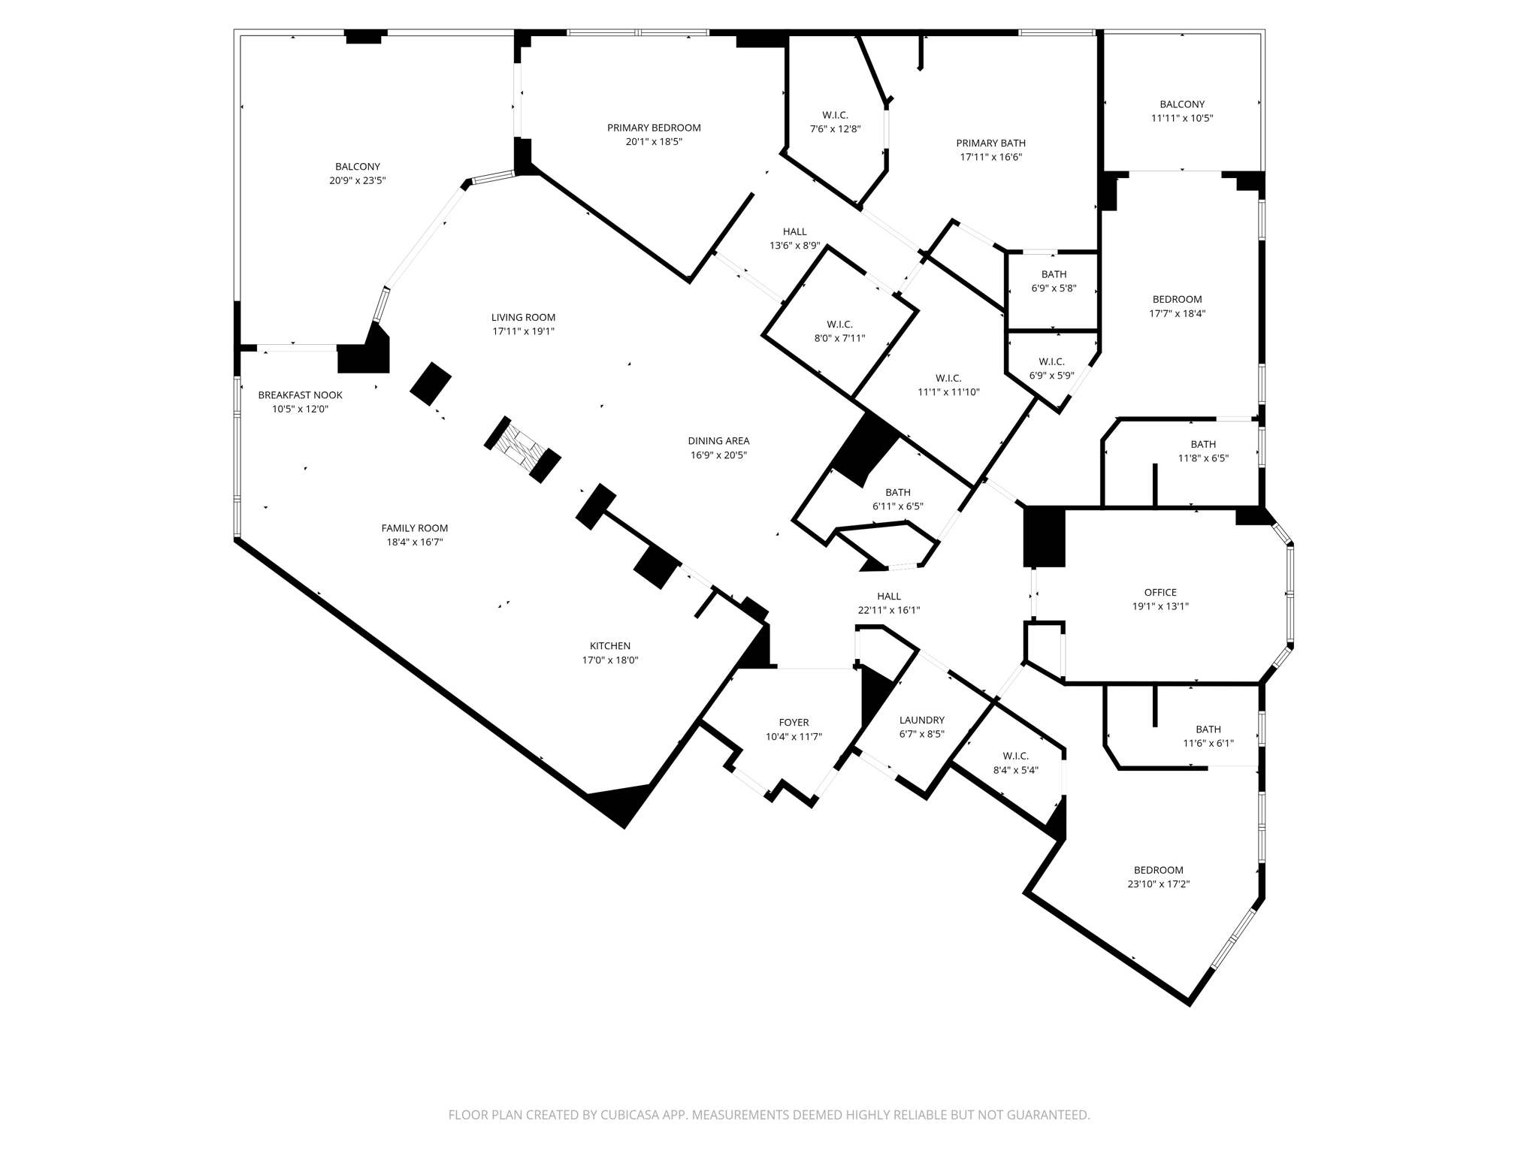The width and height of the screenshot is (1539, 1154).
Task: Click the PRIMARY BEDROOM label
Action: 654,128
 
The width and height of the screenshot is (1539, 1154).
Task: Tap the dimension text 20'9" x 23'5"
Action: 357,180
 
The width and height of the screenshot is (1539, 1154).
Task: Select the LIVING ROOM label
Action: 523,317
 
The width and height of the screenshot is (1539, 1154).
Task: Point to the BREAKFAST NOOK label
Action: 300,395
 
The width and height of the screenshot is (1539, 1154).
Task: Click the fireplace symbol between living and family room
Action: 523,449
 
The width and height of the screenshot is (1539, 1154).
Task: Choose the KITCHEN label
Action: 609,646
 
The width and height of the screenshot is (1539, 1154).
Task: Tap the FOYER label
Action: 794,723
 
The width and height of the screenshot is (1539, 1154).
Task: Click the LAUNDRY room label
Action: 921,720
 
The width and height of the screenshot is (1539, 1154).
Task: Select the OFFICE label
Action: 1160,593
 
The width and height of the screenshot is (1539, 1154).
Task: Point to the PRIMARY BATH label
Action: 990,143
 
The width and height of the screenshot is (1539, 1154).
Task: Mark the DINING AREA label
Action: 718,441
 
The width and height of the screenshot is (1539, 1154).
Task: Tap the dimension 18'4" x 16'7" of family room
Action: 414,542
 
